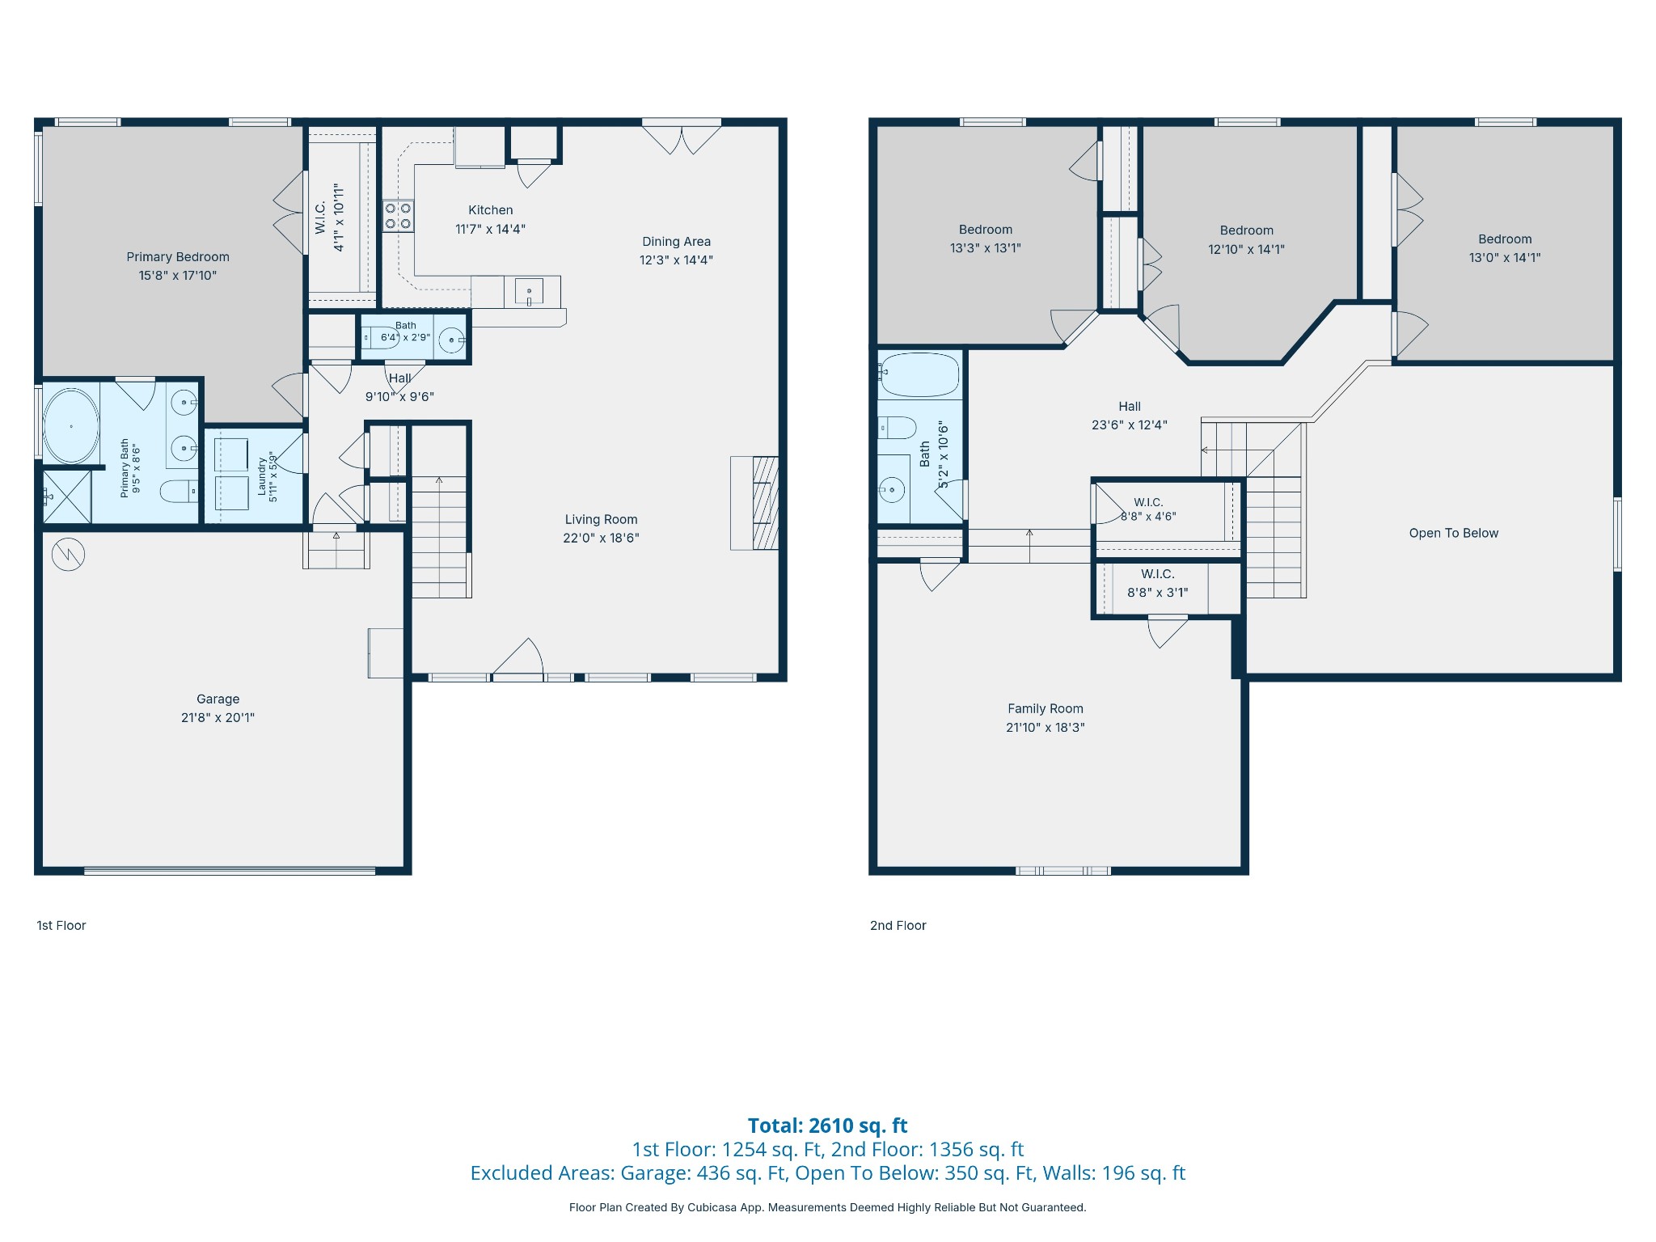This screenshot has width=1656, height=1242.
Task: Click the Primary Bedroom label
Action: click(178, 257)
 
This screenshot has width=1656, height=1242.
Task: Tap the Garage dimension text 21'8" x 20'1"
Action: click(218, 717)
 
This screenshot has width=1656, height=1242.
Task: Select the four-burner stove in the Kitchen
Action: click(398, 216)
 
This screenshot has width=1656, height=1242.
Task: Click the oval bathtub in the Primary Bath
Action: click(71, 426)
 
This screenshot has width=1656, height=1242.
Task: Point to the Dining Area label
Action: click(677, 242)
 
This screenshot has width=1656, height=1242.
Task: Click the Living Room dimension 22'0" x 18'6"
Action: click(601, 538)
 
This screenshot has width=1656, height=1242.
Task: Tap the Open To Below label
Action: click(1454, 533)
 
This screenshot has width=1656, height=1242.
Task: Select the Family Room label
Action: click(1046, 708)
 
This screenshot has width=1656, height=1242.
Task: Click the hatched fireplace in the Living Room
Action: click(765, 503)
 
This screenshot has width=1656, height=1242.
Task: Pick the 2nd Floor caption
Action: click(898, 925)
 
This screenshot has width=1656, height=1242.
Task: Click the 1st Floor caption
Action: click(61, 925)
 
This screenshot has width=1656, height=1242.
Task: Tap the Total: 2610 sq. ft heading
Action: click(827, 1126)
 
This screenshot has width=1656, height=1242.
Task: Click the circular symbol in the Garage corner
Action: click(68, 555)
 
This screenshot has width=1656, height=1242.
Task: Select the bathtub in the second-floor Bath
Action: click(920, 375)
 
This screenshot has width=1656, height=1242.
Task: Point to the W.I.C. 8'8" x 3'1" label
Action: click(1158, 583)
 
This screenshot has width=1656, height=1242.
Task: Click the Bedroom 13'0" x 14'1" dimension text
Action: click(1505, 258)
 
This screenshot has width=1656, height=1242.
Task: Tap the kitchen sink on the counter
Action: click(529, 291)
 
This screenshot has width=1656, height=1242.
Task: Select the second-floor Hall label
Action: click(1130, 407)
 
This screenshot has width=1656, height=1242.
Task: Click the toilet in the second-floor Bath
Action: click(898, 427)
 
